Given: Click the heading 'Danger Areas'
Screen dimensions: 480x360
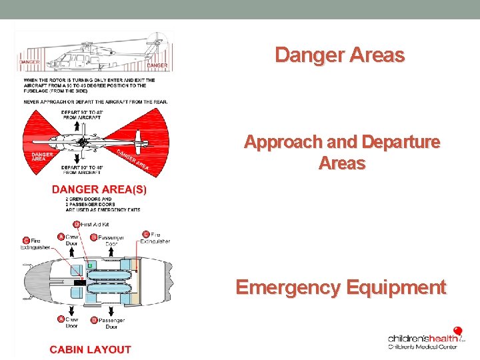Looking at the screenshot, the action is [339, 55].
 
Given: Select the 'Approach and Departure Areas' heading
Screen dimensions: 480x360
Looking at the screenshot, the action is [342, 153].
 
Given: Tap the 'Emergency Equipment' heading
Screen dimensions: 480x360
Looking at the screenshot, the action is [341, 287].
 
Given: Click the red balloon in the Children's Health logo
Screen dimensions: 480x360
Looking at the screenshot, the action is [457, 331].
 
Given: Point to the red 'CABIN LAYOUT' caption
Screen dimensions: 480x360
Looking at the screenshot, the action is [91, 349].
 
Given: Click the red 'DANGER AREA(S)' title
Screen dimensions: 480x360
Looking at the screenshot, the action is [99, 189].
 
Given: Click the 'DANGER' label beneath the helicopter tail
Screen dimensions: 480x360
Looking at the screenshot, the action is [157, 65].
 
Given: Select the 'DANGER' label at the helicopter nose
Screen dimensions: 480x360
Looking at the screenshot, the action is [29, 62].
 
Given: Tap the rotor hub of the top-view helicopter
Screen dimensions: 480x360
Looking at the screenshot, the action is [82, 142].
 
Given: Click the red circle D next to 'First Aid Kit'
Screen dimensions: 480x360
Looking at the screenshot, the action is [76, 224].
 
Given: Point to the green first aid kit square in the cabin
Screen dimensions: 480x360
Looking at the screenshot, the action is [89, 265].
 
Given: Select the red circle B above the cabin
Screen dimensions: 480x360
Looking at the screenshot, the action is [93, 237].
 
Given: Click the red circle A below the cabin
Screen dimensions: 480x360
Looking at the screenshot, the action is [61, 319].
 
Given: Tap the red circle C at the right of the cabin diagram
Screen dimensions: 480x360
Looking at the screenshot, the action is [146, 235].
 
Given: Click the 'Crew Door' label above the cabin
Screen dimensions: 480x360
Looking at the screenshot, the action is [72, 240].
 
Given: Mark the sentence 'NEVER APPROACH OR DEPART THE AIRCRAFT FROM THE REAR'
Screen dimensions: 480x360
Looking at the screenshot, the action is [95, 102].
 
